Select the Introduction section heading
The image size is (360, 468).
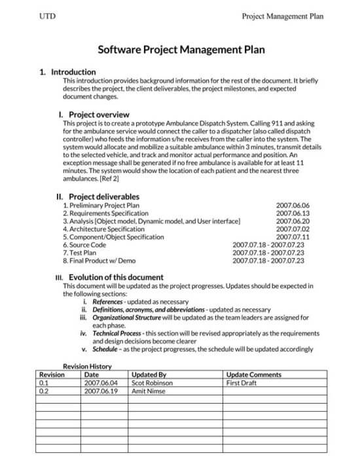click(72, 72)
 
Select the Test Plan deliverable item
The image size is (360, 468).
click(81, 253)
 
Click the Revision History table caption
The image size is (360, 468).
click(87, 367)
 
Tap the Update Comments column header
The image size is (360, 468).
click(253, 375)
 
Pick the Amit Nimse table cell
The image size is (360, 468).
click(147, 391)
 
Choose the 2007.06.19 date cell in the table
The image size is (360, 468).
click(101, 391)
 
